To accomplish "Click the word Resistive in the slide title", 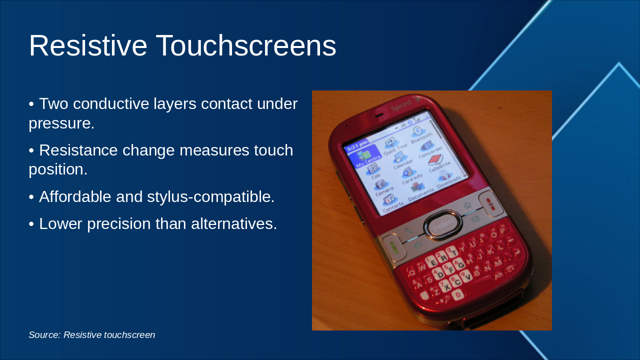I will [88, 46].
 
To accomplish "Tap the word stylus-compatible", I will [210, 197].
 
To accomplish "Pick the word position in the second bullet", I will [56, 169].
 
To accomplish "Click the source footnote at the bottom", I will [92, 335].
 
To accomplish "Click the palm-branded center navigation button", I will [442, 224].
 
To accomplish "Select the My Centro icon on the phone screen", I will [365, 157].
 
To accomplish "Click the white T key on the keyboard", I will [452, 253].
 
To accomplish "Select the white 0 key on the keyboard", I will [456, 294].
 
